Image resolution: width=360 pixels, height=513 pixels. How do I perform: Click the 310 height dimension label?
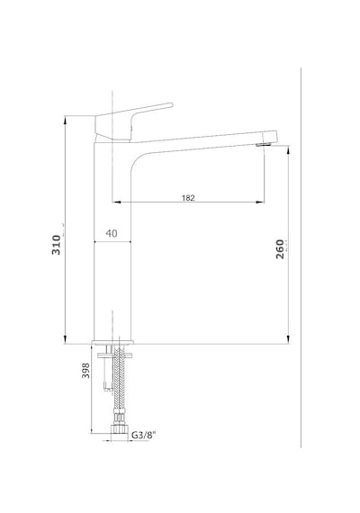57,245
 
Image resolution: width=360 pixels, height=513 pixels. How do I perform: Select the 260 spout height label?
280,249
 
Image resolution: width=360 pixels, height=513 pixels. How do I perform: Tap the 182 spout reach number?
188,198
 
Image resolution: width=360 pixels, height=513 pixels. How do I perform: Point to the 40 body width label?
112,234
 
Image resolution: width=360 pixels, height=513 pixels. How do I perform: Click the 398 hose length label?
85,371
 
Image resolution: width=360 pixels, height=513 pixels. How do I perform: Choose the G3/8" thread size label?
144,435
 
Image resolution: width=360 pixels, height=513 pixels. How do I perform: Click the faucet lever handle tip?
171,105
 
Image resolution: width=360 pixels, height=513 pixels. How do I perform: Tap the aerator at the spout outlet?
264,145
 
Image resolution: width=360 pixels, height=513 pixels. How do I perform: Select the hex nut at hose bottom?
119,429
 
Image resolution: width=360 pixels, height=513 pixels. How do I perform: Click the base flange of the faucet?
112,342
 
